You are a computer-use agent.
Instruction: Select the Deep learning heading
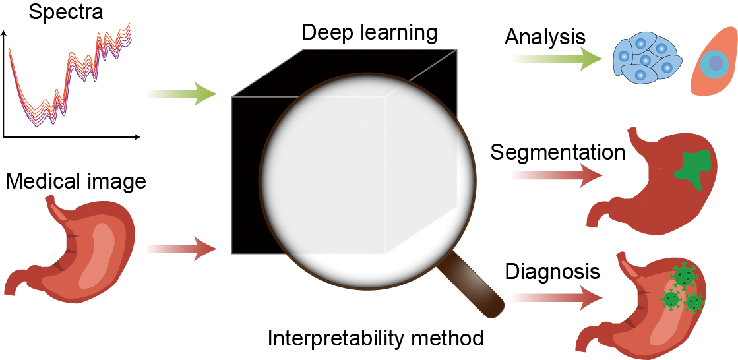point(369,32)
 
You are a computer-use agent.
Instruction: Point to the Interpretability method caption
point(375,338)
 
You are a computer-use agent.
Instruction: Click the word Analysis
point(545,37)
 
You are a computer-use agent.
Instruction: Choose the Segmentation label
point(558,153)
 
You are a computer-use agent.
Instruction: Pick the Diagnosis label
point(553,272)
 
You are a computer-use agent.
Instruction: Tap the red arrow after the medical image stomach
point(182,249)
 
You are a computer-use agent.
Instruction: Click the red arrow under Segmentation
point(557,175)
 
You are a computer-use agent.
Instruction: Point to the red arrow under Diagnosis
point(557,297)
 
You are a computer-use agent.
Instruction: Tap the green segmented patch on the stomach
point(692,164)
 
